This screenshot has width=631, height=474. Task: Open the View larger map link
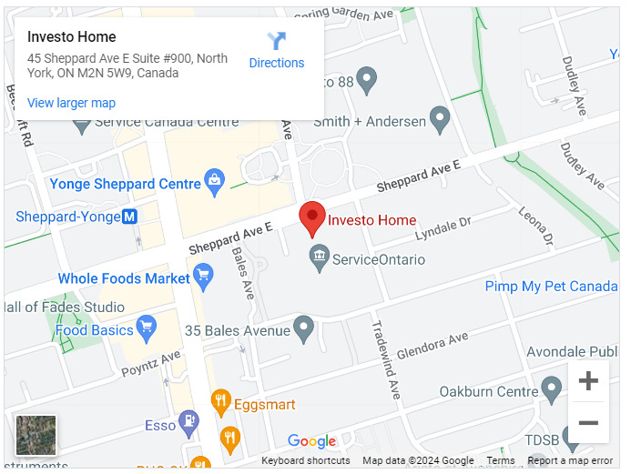[71, 103]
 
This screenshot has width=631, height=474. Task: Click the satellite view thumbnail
[36, 435]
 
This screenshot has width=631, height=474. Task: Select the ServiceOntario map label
[379, 259]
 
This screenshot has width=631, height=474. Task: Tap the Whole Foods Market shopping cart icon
[203, 276]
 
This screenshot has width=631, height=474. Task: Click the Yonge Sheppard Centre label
[125, 184]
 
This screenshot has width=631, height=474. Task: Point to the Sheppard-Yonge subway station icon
[129, 217]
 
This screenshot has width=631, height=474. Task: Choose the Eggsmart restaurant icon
[219, 400]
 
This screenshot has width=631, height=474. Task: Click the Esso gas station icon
[188, 421]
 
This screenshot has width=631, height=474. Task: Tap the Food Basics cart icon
[146, 327]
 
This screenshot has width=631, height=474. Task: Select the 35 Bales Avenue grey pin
[304, 328]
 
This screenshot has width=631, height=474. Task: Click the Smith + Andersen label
[370, 121]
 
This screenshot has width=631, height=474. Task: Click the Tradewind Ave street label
[384, 358]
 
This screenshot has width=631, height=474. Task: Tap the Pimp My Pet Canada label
[551, 287]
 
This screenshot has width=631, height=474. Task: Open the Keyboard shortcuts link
[305, 461]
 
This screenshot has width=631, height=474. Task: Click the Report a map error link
[569, 461]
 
